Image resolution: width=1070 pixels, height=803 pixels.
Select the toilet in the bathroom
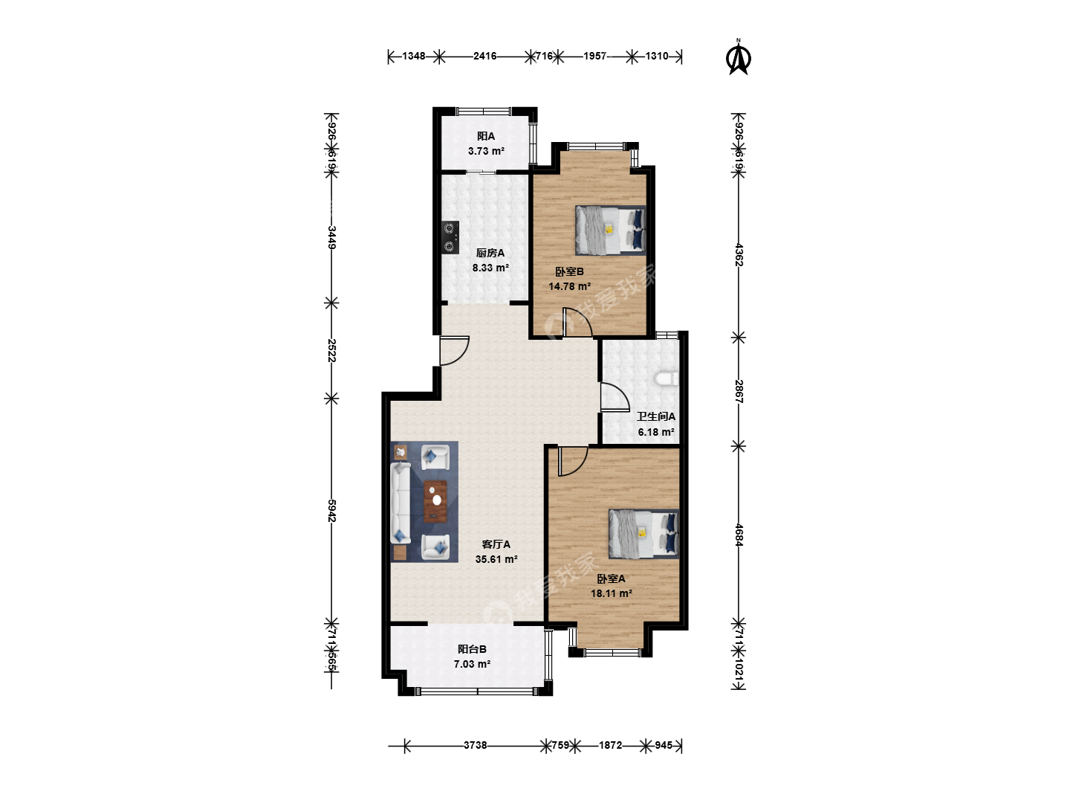(667, 378)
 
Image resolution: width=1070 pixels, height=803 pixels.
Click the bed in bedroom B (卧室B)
(610, 230)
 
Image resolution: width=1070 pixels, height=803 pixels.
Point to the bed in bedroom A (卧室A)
(643, 533)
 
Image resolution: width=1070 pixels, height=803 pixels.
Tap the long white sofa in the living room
(401, 502)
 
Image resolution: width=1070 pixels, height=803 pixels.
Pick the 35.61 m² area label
(496, 559)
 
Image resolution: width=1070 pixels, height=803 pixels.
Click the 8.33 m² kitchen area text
(490, 268)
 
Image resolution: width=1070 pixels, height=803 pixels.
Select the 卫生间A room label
(656, 416)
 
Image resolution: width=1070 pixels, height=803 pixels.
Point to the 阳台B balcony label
(472, 649)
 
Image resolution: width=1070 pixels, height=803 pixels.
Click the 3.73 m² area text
(486, 151)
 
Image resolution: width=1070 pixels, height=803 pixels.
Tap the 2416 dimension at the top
(485, 56)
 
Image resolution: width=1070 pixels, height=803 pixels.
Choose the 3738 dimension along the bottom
(476, 745)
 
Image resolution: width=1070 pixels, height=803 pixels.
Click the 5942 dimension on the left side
(332, 511)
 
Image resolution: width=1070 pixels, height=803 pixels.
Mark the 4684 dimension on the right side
(739, 535)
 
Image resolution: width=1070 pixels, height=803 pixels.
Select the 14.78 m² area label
(570, 286)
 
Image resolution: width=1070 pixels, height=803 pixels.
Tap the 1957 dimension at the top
(594, 56)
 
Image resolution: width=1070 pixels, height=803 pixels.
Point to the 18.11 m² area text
(612, 593)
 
